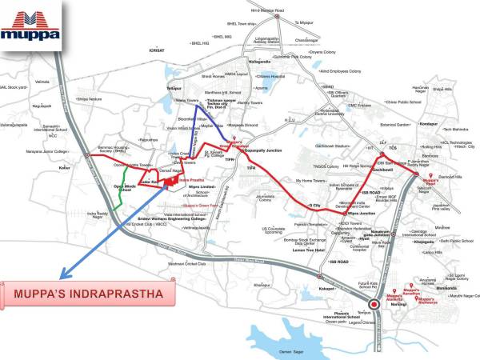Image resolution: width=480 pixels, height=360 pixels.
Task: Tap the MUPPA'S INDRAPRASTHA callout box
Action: [x=94, y=295]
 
